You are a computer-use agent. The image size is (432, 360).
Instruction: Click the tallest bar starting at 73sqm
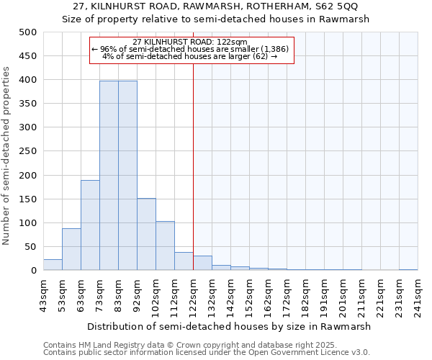point(109,176)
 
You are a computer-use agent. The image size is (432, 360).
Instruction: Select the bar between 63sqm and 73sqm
point(90,225)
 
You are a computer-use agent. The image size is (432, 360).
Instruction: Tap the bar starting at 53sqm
point(71,249)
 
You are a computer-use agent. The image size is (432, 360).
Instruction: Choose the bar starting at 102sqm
point(165,246)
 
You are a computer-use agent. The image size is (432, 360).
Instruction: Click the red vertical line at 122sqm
point(193,166)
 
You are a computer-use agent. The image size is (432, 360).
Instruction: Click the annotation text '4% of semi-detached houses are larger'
point(190,56)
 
